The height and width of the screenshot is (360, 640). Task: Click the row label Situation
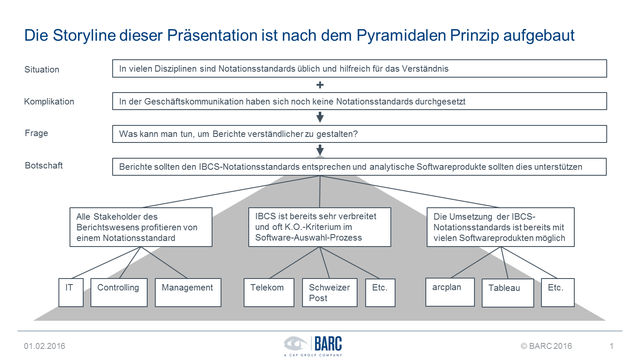[42, 70]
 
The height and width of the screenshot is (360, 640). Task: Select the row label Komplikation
[49, 102]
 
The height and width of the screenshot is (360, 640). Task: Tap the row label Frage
[36, 133]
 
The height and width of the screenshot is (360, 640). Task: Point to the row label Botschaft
[44, 165]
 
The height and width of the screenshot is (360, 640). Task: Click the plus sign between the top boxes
[320, 85]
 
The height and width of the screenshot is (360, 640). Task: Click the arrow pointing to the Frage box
[320, 117]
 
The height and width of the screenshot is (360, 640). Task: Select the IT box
[71, 293]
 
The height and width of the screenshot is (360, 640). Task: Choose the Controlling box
[119, 293]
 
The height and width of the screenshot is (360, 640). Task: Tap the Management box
[188, 293]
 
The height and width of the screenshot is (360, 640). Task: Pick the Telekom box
[269, 293]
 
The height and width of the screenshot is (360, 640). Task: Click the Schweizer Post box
[330, 293]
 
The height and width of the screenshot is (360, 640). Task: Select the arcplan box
[450, 292]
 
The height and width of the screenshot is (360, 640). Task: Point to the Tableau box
[508, 293]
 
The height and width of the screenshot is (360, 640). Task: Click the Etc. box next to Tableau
[558, 293]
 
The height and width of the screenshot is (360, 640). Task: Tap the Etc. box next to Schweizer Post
[380, 293]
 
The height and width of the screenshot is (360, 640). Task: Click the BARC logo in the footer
[313, 346]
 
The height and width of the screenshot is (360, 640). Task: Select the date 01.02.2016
[44, 346]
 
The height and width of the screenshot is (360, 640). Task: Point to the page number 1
[611, 346]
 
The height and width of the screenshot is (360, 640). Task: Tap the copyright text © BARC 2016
[546, 346]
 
